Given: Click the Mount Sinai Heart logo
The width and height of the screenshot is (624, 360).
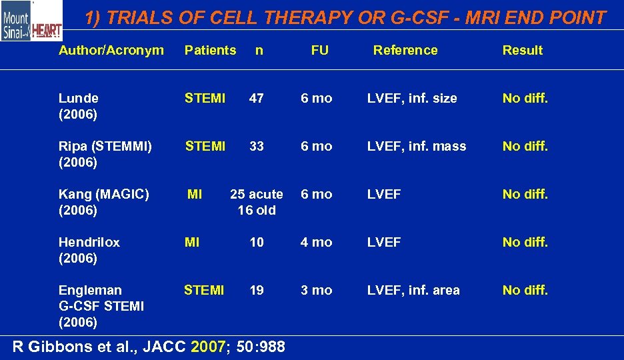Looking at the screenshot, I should [x=31, y=21].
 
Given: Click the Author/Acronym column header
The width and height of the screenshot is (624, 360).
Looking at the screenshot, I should [x=111, y=50].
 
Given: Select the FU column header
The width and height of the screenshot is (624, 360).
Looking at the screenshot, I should [x=319, y=50].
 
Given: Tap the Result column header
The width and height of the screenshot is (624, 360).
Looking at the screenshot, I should [x=523, y=50].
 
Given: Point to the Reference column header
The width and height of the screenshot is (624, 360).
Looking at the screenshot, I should [x=405, y=50].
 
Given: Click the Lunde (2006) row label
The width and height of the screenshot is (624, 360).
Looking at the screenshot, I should [x=79, y=106].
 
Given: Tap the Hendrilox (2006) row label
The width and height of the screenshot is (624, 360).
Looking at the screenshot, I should [x=89, y=250].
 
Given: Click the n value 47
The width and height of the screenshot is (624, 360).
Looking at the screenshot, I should [x=257, y=98].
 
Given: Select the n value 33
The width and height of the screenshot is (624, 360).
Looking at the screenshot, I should [x=257, y=146].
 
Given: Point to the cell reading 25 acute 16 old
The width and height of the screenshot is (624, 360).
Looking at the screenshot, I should [x=257, y=202].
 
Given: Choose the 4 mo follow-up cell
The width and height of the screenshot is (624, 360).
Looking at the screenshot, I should [x=316, y=242].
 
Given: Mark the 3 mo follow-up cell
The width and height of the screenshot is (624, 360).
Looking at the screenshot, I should [x=316, y=290].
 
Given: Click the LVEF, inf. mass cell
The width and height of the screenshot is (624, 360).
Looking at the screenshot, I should [x=417, y=146].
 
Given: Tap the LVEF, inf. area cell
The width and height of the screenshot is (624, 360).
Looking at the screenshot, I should [x=413, y=290].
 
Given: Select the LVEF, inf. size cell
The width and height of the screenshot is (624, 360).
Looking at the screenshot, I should [x=412, y=98].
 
